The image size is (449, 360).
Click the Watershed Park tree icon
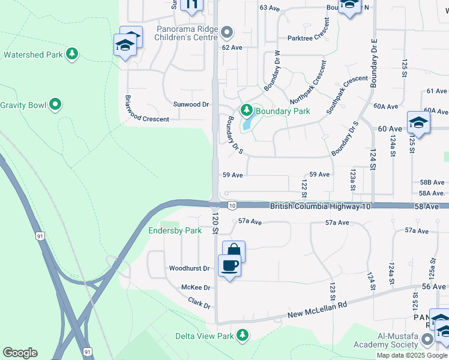(72, 55)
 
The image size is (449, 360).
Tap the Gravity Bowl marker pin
(55, 105)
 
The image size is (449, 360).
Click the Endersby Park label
(175, 230)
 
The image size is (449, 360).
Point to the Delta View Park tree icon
(243, 335)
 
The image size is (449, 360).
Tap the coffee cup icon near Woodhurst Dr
(229, 265)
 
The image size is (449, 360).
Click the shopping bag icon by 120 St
(234, 251)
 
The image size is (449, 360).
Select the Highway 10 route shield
(232, 206)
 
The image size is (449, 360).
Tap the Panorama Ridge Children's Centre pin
(227, 32)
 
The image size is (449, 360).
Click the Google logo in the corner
(20, 352)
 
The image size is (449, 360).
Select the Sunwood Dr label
(191, 104)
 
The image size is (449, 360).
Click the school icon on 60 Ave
(418, 124)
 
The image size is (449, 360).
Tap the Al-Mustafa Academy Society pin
(427, 340)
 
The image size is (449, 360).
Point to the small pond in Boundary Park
(247, 125)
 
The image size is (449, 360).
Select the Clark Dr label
(200, 302)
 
